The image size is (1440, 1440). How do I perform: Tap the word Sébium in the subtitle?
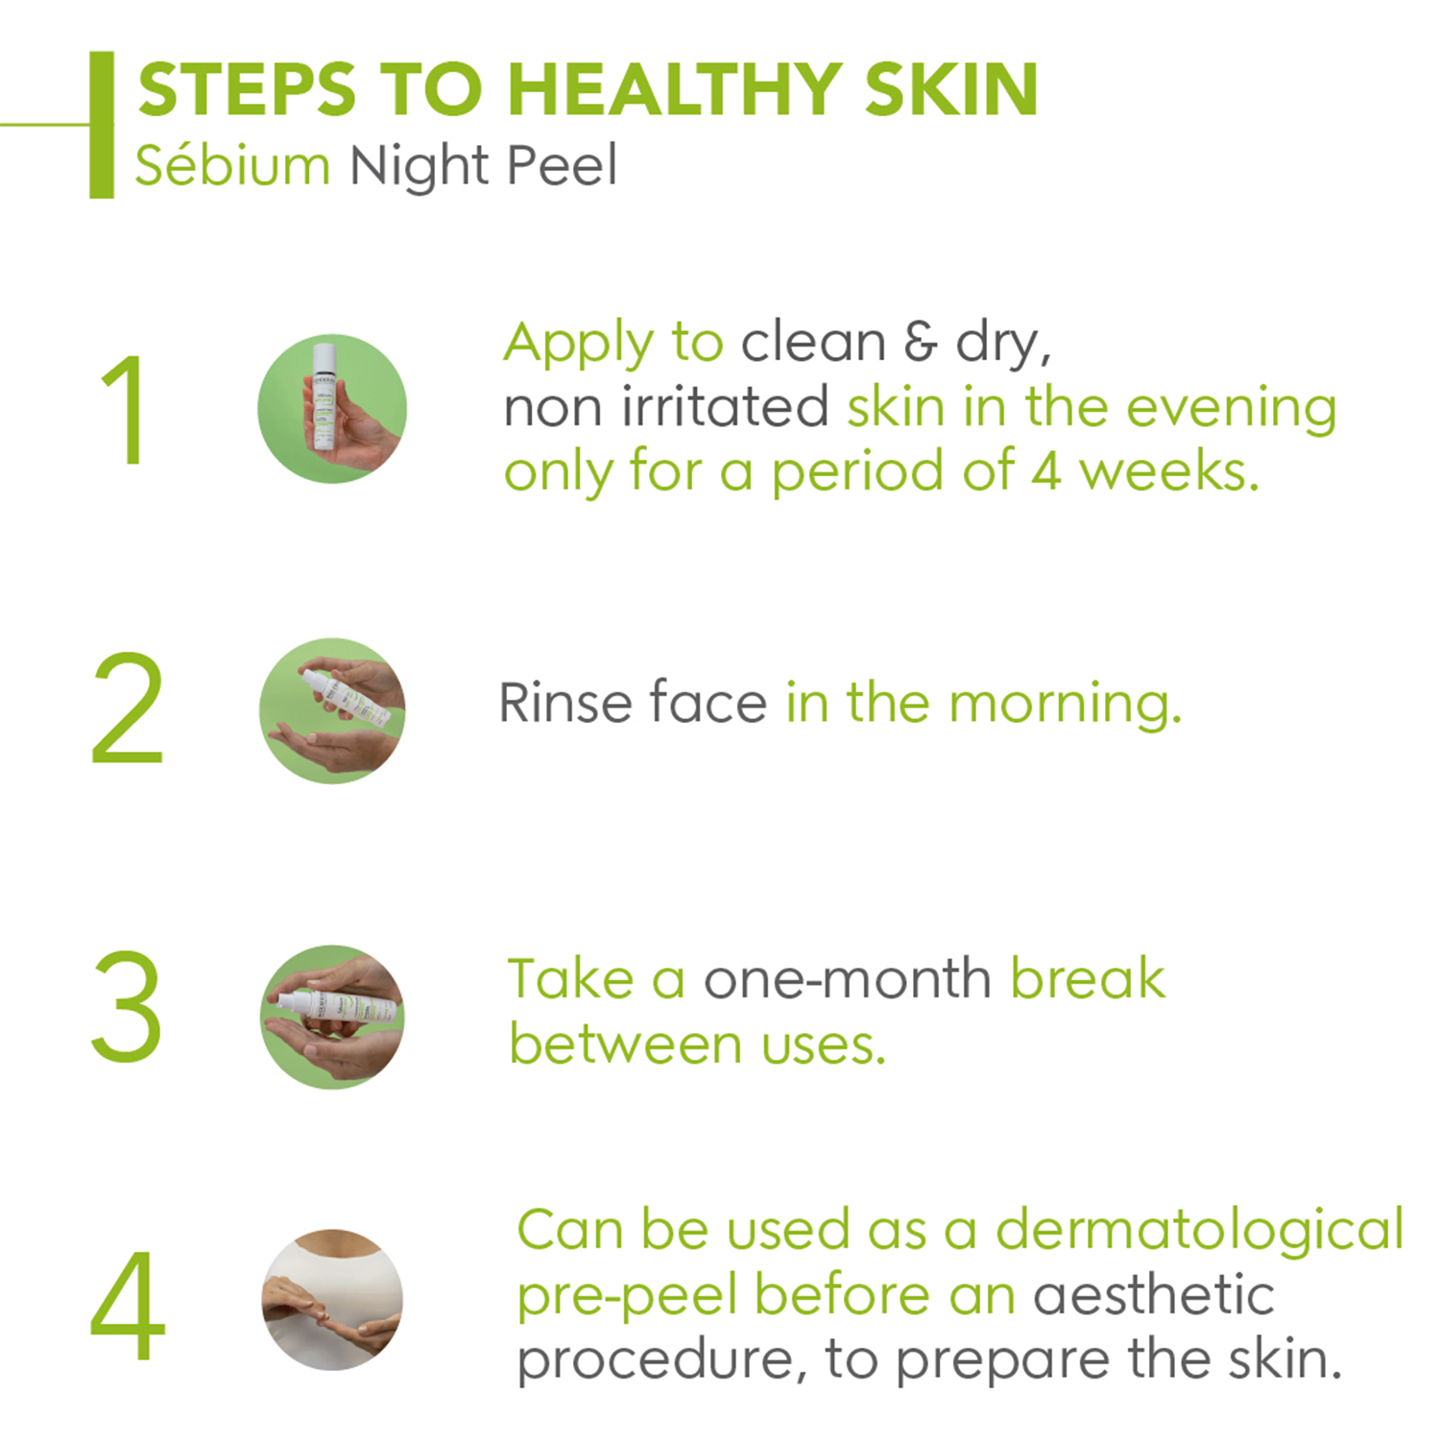pos(232,165)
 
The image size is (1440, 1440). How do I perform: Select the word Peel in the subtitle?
pos(562,165)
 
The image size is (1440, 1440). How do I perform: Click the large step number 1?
pos(125,409)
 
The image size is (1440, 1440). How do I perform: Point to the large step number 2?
pos(127,708)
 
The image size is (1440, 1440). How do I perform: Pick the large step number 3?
pos(126,1006)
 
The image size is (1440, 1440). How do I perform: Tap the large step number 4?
pos(128,1306)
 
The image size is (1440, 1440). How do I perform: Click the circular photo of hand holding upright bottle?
pos(332,409)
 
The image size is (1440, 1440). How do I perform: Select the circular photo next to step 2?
pos(332,710)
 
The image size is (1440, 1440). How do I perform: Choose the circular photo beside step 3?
pos(332,1017)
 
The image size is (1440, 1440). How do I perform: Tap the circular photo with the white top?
pos(332,1300)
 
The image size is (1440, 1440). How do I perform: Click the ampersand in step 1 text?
pos(920,343)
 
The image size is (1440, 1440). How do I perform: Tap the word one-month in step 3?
pos(848,979)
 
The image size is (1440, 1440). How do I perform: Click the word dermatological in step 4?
pos(1200,1231)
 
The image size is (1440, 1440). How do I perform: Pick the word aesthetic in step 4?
pos(1153,1295)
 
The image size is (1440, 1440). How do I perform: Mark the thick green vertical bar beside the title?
pos(102,125)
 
